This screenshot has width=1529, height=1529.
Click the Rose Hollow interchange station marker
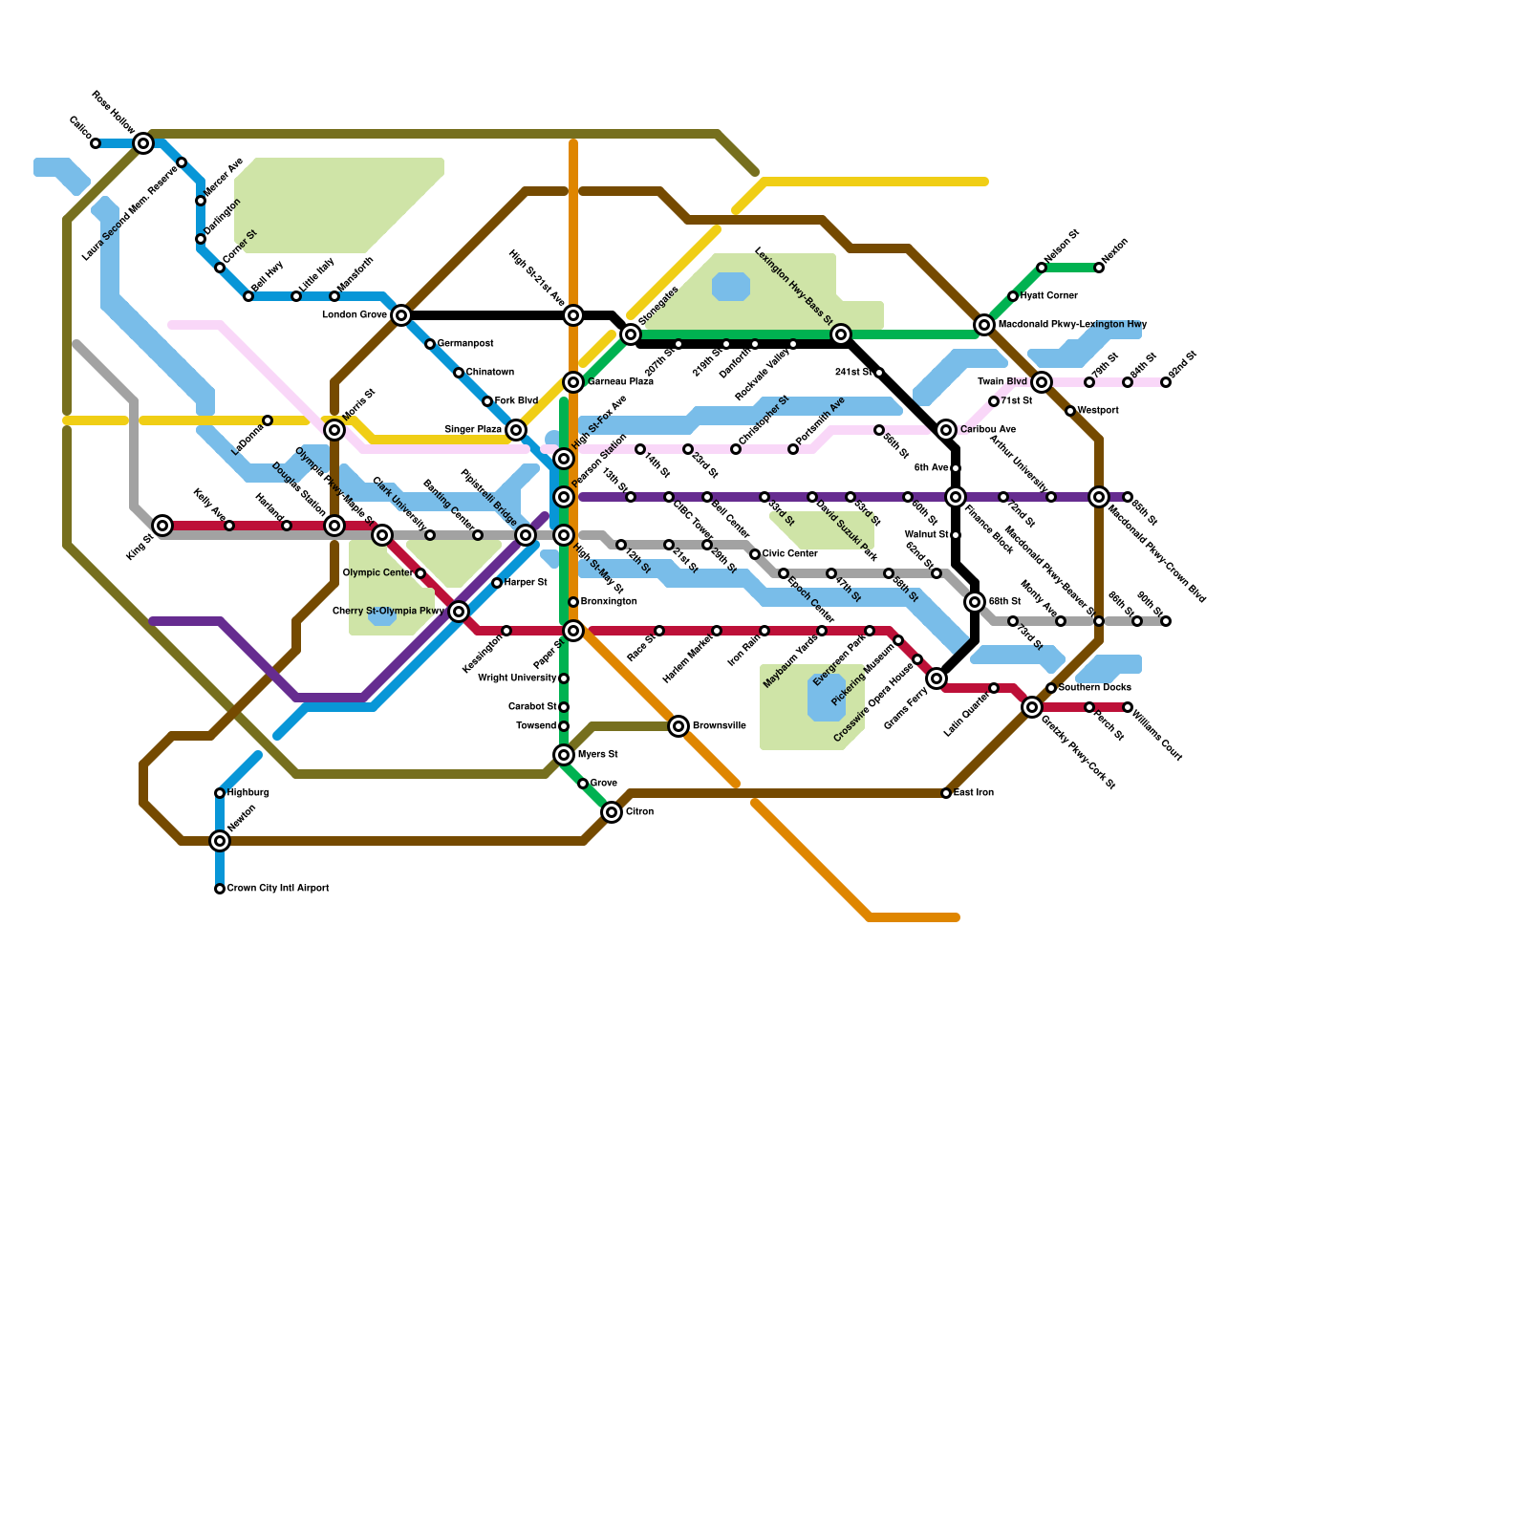(x=143, y=143)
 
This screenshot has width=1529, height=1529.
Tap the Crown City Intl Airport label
(x=277, y=889)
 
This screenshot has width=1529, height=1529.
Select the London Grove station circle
(x=401, y=315)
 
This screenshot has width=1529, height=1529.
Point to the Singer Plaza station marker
(x=516, y=430)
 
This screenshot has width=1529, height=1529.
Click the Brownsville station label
(x=719, y=726)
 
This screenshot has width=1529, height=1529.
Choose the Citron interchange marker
(x=612, y=812)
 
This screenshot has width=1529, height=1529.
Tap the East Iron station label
(x=974, y=793)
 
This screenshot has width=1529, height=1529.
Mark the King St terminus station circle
(x=163, y=526)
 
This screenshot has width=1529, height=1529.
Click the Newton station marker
(x=220, y=841)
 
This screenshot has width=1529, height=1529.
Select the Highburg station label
(x=248, y=793)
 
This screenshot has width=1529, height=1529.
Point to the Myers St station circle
(x=564, y=755)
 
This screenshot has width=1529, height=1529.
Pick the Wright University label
(x=517, y=678)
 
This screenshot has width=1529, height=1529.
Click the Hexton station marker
(x=1099, y=268)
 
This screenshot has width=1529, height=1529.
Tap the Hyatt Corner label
(x=1048, y=296)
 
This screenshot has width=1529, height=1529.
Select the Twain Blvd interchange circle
(x=1042, y=382)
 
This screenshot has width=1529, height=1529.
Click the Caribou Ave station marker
(x=946, y=430)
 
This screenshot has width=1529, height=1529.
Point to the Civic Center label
(x=789, y=554)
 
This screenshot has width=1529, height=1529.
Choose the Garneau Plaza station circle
(x=573, y=382)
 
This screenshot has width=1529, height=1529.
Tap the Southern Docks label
(x=1094, y=688)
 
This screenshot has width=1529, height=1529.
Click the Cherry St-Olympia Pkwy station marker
(x=459, y=612)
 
